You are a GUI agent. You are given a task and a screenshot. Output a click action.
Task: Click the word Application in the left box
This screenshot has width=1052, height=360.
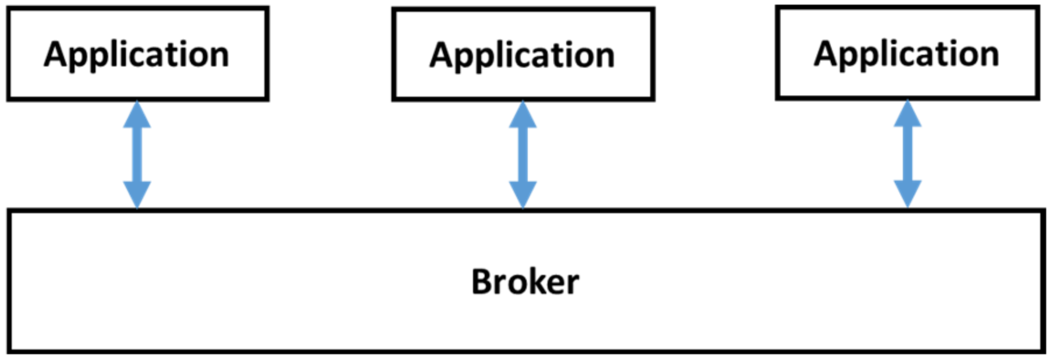[x=137, y=55]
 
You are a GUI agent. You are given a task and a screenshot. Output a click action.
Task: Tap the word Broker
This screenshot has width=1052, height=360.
[x=525, y=283]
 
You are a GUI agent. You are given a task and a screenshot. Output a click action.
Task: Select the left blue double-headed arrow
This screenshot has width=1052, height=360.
[x=137, y=154]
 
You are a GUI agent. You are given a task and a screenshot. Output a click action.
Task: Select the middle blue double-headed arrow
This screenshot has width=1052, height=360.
[x=523, y=154]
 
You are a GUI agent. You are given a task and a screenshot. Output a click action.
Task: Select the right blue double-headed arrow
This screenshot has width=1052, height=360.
[x=908, y=154]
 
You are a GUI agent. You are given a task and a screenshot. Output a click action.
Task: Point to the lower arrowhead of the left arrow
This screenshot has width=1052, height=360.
[x=137, y=194]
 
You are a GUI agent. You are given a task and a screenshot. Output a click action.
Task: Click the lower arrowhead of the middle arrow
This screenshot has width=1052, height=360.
[x=523, y=194]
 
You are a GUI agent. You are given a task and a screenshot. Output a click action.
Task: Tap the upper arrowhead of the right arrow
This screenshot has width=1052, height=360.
[x=908, y=115]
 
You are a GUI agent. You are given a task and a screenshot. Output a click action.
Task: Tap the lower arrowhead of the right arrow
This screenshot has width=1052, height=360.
[x=908, y=193]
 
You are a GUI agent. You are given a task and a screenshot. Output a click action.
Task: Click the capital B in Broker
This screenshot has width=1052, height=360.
[x=483, y=283]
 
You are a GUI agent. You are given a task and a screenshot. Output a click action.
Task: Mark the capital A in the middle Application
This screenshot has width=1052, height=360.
[x=442, y=56]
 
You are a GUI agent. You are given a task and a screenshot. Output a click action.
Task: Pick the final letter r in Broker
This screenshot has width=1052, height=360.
[x=572, y=285]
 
